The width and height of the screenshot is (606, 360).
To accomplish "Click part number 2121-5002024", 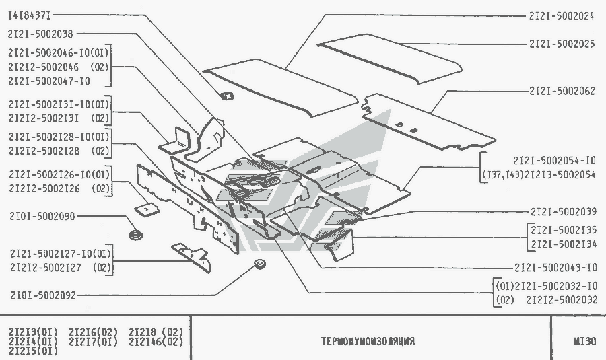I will (562, 15).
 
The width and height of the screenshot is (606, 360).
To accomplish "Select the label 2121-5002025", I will (562, 44).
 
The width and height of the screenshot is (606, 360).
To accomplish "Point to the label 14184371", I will (30, 15).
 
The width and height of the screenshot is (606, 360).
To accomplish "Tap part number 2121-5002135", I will (563, 230).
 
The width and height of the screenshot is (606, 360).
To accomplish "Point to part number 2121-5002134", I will (563, 244).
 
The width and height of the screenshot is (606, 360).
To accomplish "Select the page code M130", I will (584, 340).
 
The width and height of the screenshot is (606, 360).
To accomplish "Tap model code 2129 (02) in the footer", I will (156, 331).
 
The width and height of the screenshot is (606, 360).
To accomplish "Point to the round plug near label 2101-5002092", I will (258, 263).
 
